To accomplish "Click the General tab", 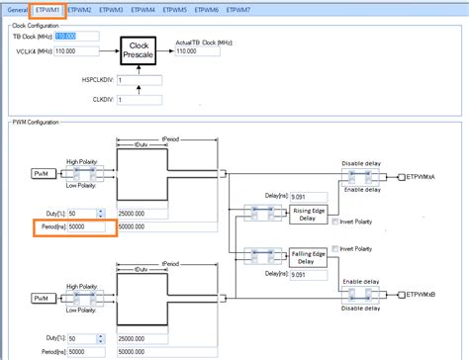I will [x=17, y=9].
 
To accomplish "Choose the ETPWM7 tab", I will [x=238, y=9].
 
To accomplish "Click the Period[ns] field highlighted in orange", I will [x=88, y=227].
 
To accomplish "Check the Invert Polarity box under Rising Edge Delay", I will [x=333, y=222].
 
